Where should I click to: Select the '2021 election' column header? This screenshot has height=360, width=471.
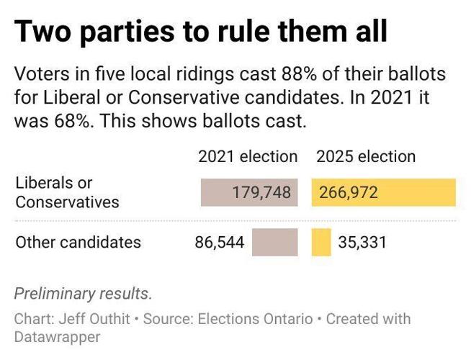(248, 156)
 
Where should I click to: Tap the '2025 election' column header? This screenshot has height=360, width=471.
(366, 156)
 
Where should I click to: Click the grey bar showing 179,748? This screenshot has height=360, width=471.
(249, 192)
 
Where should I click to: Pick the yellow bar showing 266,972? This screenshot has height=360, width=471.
(383, 192)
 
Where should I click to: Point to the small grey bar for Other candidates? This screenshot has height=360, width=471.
(274, 242)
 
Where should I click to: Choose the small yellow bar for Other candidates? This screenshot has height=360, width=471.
(321, 242)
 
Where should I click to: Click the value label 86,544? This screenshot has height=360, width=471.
(220, 243)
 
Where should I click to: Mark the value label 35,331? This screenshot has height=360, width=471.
(362, 243)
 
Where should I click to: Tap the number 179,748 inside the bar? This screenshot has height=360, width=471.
(261, 192)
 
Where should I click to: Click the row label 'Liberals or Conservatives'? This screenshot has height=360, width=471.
(67, 192)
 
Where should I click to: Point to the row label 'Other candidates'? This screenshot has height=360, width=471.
(78, 243)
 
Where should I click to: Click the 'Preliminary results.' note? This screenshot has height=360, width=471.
(84, 294)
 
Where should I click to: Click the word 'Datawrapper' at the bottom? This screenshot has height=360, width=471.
(57, 336)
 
